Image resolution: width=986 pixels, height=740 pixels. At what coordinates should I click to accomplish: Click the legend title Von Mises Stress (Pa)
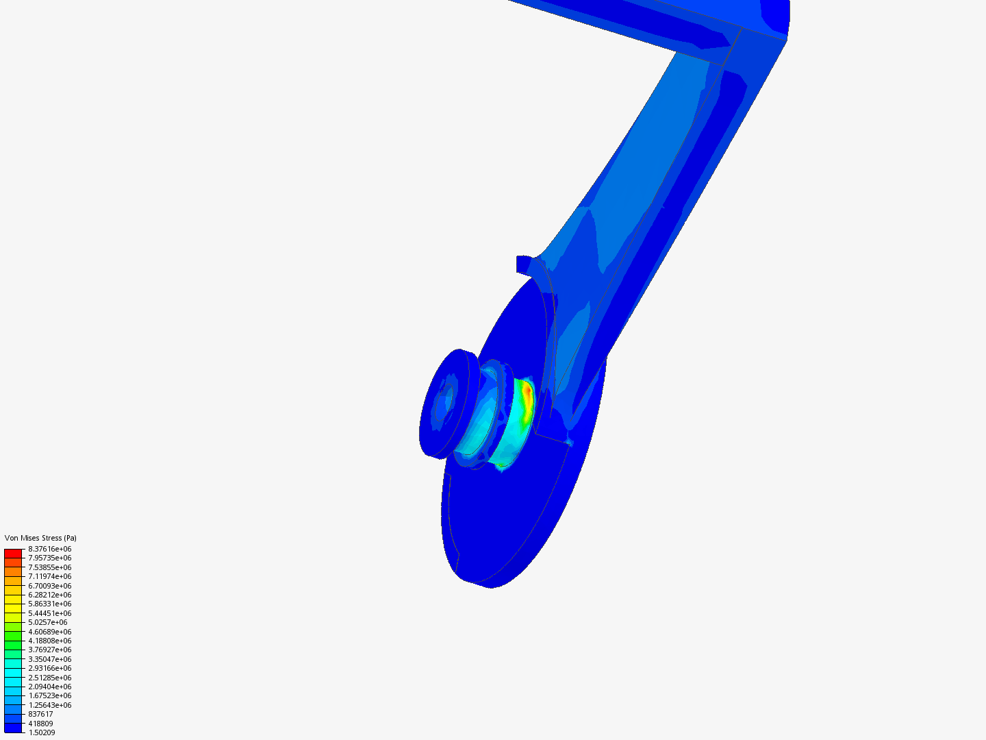click(40, 538)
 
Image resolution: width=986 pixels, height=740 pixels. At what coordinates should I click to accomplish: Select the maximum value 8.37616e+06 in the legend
click(50, 549)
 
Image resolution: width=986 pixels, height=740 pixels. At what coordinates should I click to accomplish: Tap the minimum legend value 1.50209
click(42, 732)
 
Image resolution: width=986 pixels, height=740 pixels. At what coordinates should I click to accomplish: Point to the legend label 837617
click(40, 714)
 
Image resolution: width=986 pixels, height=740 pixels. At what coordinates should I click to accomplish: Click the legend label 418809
click(40, 724)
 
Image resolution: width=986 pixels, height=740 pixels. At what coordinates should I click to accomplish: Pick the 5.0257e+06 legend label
click(48, 622)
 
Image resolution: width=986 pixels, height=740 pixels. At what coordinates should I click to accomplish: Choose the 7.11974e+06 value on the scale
click(50, 576)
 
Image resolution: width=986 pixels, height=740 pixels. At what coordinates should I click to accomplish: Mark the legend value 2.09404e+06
click(50, 687)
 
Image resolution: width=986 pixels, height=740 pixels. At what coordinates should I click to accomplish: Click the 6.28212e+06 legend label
click(50, 595)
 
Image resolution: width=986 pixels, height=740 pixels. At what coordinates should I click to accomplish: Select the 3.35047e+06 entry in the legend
click(50, 659)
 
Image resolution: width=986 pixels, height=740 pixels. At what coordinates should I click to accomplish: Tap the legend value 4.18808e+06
click(50, 641)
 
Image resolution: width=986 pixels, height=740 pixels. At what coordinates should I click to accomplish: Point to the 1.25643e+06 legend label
click(50, 705)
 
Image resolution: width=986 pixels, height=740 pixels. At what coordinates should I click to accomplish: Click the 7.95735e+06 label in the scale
click(50, 558)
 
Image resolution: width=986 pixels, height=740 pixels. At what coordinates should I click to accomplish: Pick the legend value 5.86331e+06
click(50, 604)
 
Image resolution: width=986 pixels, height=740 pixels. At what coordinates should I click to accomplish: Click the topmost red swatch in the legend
click(13, 553)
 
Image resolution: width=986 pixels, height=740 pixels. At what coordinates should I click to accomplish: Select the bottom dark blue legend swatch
click(13, 728)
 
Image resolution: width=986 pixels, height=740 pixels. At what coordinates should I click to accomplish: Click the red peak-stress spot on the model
click(527, 393)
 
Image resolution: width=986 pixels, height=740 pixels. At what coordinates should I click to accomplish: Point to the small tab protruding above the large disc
click(524, 263)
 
